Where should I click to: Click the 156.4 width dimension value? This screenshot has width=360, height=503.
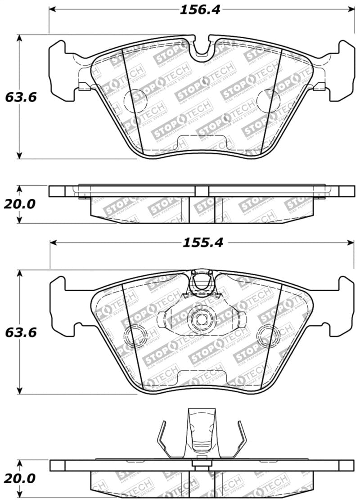pyautogui.click(x=200, y=9)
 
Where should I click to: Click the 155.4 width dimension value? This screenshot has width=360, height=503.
pyautogui.click(x=202, y=243)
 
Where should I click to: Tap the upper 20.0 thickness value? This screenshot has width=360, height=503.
pyautogui.click(x=19, y=204)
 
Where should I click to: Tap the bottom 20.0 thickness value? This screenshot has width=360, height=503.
pyautogui.click(x=19, y=478)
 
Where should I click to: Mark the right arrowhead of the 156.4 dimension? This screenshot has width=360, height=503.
pyautogui.click(x=351, y=9)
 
